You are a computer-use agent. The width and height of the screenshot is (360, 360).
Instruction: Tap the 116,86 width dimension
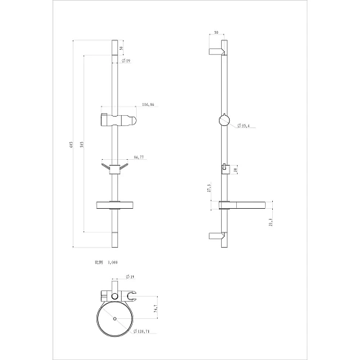tap(148, 105)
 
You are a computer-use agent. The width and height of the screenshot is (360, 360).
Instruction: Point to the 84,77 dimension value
tap(139, 157)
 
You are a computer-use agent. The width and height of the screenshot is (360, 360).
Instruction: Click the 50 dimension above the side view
tap(217, 32)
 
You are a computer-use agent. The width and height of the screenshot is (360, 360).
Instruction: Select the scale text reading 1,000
tap(112, 263)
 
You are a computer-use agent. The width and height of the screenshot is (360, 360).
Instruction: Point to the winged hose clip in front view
tap(114, 168)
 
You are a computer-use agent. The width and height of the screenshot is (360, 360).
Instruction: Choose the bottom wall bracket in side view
tap(217, 235)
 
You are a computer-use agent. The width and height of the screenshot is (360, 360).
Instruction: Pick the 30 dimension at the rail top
tap(122, 49)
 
